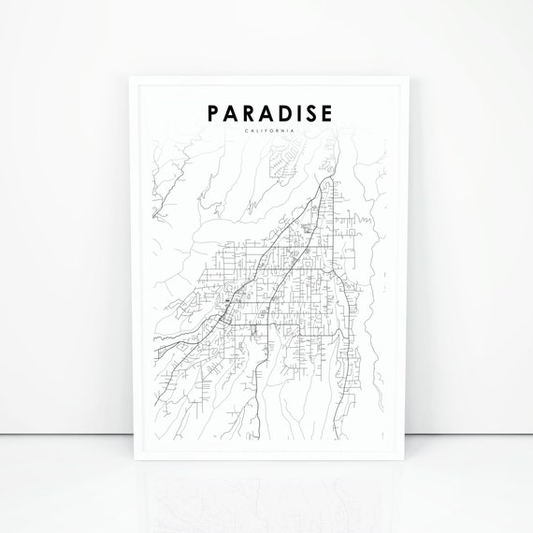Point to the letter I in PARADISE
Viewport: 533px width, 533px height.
click(297, 113)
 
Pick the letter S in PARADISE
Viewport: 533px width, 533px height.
click(310, 113)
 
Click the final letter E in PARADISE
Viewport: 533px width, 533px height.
click(326, 113)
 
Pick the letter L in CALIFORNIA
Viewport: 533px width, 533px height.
click(256, 131)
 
